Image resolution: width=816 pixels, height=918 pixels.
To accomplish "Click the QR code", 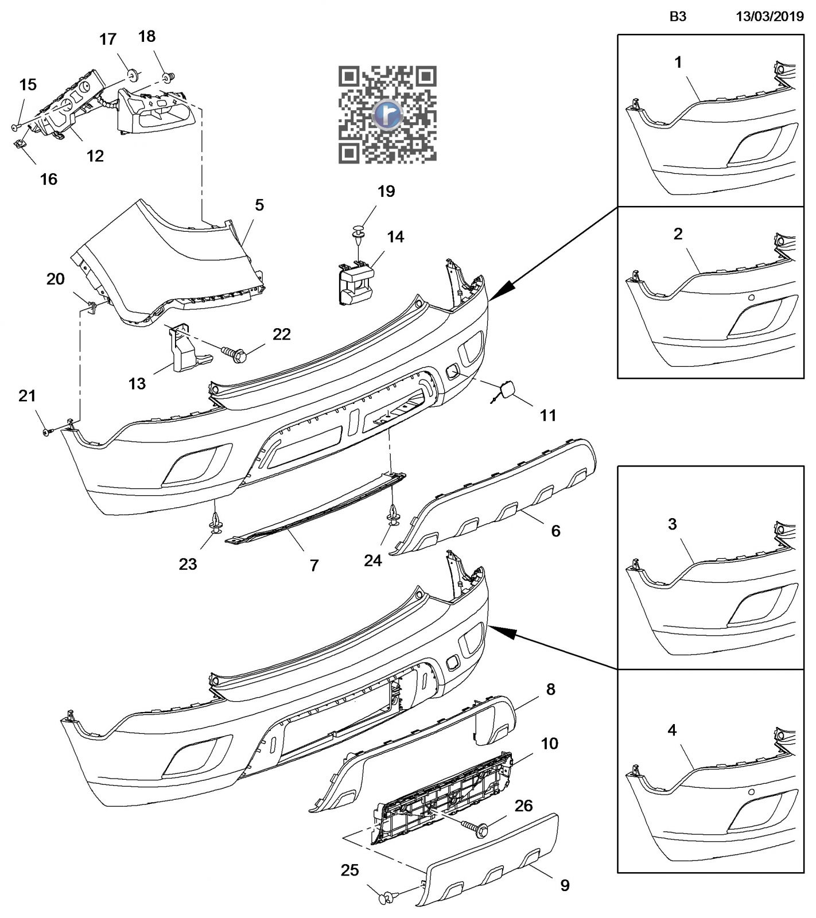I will (387, 115).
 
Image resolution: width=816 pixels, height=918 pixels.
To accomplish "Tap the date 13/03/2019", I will (770, 17).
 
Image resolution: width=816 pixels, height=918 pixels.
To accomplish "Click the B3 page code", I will (678, 17).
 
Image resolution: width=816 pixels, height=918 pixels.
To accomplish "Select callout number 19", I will (386, 192).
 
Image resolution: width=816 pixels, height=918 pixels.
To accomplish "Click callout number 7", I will (314, 566).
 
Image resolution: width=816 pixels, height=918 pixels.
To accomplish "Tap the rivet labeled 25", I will (387, 897).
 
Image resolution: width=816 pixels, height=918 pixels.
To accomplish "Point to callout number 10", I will (549, 744).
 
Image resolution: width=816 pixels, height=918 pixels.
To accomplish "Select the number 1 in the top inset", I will (678, 62).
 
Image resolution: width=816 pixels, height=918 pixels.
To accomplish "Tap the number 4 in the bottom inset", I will (672, 730).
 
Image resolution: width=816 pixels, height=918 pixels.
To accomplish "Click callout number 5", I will (259, 205).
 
